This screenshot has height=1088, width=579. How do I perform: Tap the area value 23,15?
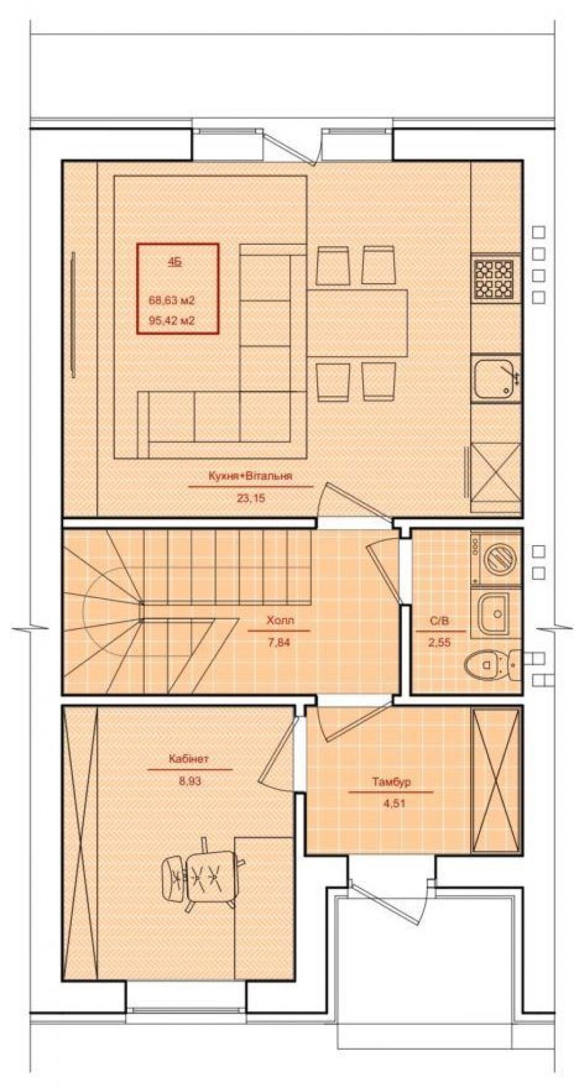(x=250, y=497)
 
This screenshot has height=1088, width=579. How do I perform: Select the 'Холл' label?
(x=280, y=620)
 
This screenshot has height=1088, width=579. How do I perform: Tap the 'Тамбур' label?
(x=391, y=782)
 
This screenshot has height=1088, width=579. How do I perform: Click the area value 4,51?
(x=392, y=803)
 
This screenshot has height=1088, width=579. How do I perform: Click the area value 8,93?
(x=189, y=780)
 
